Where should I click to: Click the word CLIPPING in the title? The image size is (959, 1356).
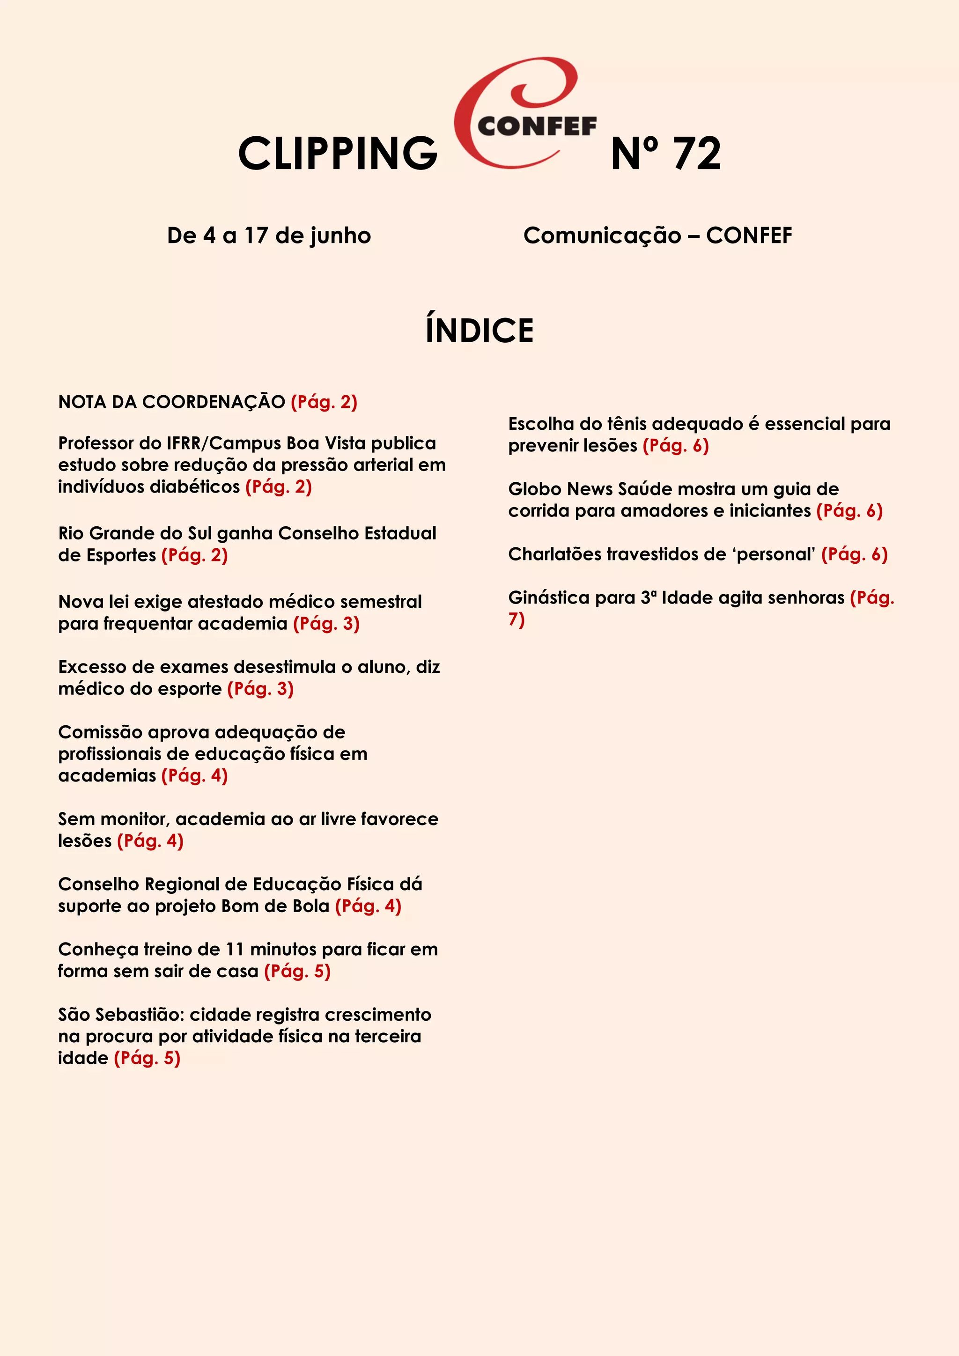[338, 154]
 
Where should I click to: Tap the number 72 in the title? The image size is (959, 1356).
[697, 154]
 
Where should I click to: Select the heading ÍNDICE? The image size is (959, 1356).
[479, 330]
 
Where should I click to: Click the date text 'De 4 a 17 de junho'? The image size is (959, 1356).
[269, 236]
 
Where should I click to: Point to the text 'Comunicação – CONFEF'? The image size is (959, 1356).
[657, 236]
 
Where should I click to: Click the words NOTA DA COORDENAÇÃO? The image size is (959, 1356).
[171, 402]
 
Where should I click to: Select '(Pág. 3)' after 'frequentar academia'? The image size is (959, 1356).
[326, 624]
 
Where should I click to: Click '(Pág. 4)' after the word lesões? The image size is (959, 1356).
[150, 841]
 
